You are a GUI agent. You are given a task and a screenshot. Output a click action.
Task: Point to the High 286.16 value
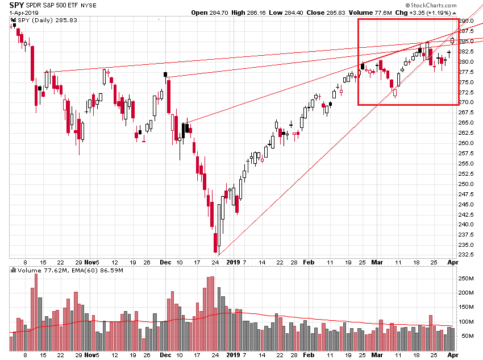(255, 13)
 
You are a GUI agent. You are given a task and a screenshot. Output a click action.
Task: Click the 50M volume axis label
(469, 336)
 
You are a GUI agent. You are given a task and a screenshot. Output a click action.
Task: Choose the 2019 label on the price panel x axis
(234, 262)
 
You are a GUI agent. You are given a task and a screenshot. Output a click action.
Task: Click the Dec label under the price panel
(165, 262)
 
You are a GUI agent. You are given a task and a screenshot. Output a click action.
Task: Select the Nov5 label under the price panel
(91, 262)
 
